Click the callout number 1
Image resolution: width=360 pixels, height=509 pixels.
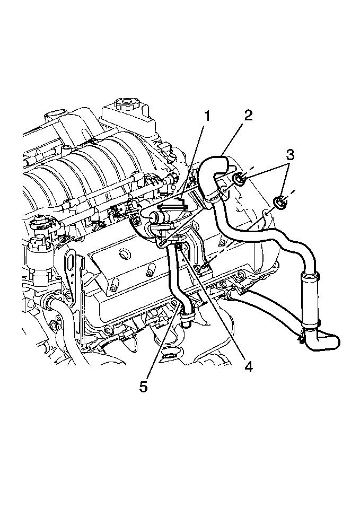pyautogui.click(x=206, y=116)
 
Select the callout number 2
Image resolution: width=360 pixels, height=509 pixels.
pyautogui.click(x=248, y=115)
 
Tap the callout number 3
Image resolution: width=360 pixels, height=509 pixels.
pyautogui.click(x=290, y=155)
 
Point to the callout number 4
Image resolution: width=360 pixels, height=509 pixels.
pyautogui.click(x=248, y=366)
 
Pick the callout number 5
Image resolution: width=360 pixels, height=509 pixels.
pyautogui.click(x=144, y=387)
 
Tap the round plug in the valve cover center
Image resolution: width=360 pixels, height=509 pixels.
pyautogui.click(x=124, y=254)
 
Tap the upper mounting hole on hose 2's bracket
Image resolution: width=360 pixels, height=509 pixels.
pyautogui.click(x=225, y=189)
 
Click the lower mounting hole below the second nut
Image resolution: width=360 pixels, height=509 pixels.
pyautogui.click(x=265, y=214)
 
